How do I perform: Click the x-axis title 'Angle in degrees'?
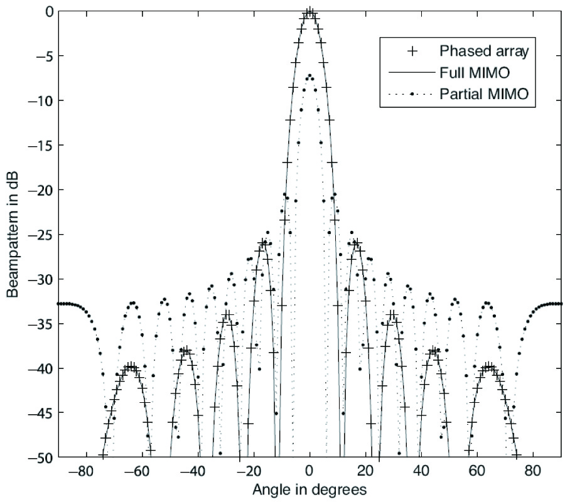coord(309,488)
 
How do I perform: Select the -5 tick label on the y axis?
coord(43,56)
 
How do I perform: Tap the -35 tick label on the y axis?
coord(40,324)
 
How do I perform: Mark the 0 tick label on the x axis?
coord(309,471)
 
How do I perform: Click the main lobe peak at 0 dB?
coord(309,11)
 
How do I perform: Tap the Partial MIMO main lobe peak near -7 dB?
coord(309,76)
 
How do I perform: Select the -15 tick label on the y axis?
coord(40,146)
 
